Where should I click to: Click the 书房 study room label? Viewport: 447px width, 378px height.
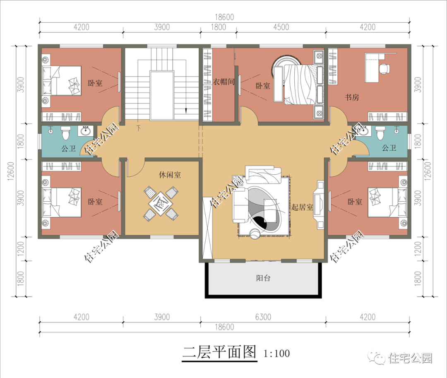352,97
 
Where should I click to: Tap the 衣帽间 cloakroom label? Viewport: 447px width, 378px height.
224,82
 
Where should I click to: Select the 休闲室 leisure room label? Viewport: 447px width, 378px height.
170,175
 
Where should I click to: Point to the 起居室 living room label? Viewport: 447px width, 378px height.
302,207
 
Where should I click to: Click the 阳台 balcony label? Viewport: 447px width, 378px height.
263,278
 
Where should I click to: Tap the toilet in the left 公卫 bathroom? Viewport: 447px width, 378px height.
65,133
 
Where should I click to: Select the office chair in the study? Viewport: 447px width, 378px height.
385,68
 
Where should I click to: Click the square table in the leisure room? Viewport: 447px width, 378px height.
161,204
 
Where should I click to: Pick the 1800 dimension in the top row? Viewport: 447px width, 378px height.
219,27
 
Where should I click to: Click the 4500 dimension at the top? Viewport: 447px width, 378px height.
281,27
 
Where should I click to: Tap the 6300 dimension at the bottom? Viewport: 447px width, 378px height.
263,317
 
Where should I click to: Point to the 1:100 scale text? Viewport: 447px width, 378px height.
276,354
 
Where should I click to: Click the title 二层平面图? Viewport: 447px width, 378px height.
219,352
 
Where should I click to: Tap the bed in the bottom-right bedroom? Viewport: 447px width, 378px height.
387,202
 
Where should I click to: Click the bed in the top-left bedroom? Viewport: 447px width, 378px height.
62,81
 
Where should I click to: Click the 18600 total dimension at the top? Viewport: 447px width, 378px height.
224,17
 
